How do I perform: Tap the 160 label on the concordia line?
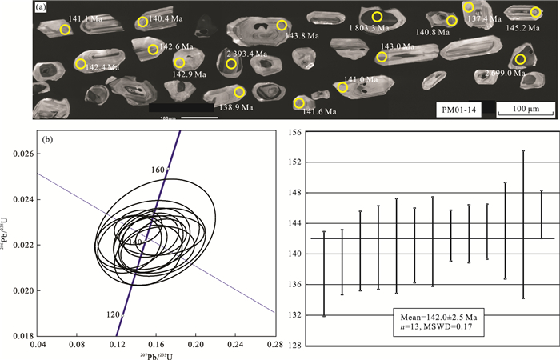(x=156, y=170)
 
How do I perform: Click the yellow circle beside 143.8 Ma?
(x=282, y=26)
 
